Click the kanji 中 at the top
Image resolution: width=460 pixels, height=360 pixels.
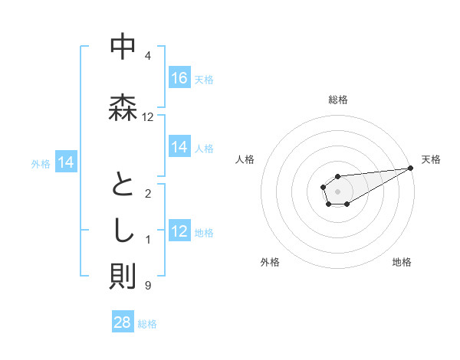123,47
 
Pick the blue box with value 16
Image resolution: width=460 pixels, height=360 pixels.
179,78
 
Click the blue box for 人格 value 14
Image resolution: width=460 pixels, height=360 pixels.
179,148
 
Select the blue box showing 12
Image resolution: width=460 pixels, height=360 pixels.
179,231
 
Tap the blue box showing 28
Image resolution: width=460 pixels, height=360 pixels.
123,322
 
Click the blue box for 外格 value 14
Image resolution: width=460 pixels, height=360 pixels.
66,162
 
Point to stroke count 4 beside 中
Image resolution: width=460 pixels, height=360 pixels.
148,56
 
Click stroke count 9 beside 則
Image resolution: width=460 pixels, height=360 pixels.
148,286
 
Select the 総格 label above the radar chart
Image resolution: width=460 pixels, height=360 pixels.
338,100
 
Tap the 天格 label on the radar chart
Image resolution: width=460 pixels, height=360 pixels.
432,159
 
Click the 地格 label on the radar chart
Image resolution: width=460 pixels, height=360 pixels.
402,262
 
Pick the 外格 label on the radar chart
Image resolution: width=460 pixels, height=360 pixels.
270,262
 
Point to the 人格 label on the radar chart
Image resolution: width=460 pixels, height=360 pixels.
245,159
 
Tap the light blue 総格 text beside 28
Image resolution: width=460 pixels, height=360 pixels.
147,324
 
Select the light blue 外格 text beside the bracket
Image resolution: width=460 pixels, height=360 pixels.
41,163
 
